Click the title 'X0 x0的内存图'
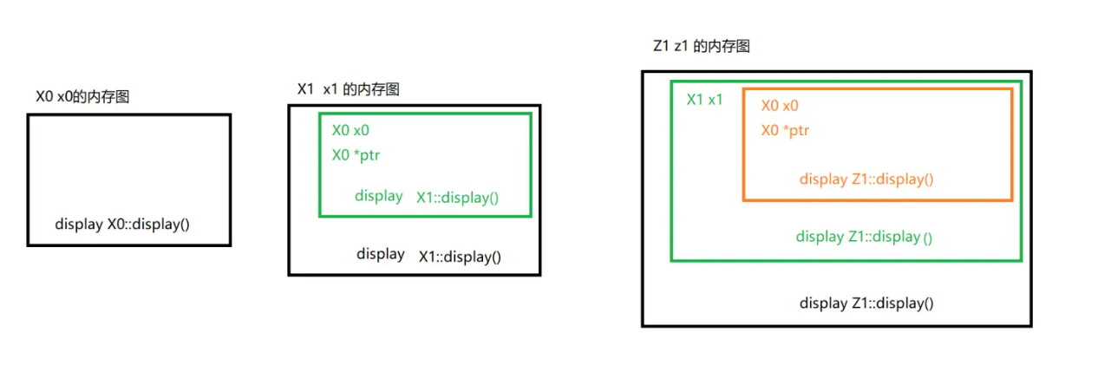click(x=82, y=96)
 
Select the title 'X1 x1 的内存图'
click(x=348, y=89)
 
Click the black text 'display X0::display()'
click(x=122, y=224)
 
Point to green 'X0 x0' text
click(x=350, y=131)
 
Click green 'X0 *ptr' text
click(x=356, y=156)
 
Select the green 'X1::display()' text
click(x=457, y=197)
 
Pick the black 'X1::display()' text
click(x=460, y=257)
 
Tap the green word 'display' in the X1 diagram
click(x=378, y=196)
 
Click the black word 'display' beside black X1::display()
click(x=380, y=254)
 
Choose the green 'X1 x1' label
click(x=704, y=100)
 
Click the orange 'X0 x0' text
click(x=780, y=106)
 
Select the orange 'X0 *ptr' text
click(x=785, y=131)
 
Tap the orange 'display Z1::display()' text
click(x=866, y=179)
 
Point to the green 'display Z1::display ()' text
click(x=864, y=237)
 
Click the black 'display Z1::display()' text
click(x=866, y=303)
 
